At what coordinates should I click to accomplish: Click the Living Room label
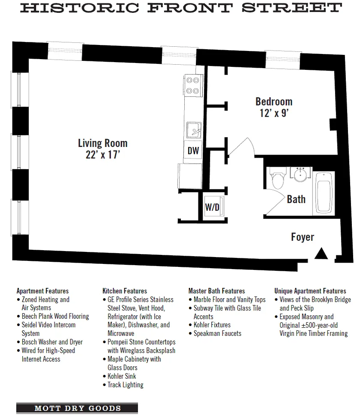tap(102, 143)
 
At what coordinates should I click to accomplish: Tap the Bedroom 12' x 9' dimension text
tap(274, 113)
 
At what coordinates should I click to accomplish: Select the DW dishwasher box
tap(193, 151)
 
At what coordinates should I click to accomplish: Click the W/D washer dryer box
tap(212, 208)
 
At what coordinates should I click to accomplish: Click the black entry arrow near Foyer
tap(321, 254)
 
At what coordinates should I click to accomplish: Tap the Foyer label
tap(303, 237)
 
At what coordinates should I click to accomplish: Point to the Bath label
tap(296, 199)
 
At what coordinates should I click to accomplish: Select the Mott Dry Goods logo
tap(77, 408)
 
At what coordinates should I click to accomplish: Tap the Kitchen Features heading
tap(124, 291)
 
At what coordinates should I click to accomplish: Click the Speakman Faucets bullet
tap(217, 333)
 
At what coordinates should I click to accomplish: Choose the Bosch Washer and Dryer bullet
tap(52, 342)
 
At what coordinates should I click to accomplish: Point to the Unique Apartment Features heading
tap(310, 291)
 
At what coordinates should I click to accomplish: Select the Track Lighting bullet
tap(125, 385)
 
